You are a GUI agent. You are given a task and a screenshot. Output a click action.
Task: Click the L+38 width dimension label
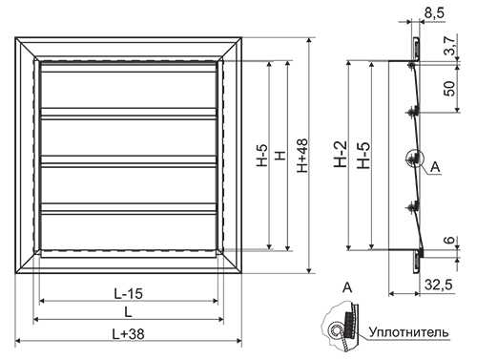pyautogui.click(x=129, y=334)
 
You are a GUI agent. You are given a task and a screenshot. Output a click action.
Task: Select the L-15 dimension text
pyautogui.click(x=129, y=293)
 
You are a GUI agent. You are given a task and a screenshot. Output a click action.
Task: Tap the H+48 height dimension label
pyautogui.click(x=302, y=156)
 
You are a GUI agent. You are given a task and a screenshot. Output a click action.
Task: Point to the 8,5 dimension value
pyautogui.click(x=435, y=13)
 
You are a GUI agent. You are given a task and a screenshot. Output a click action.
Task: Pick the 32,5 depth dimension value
pyautogui.click(x=439, y=286)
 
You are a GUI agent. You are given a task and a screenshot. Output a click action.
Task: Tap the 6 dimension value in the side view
pyautogui.click(x=450, y=240)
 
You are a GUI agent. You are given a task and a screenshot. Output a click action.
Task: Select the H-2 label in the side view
pyautogui.click(x=341, y=155)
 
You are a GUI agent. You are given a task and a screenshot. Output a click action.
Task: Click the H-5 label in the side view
pyautogui.click(x=364, y=155)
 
